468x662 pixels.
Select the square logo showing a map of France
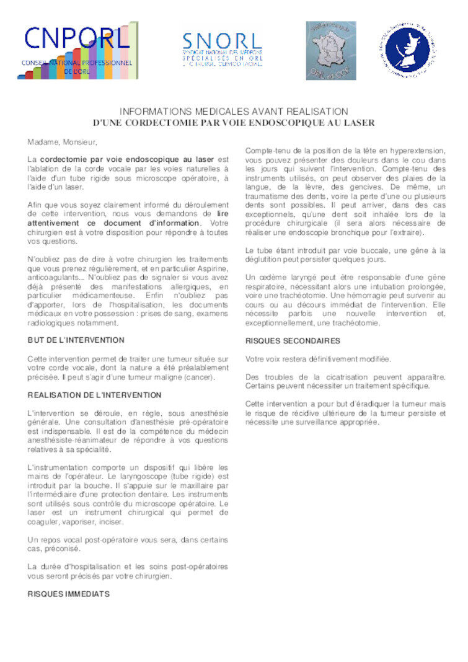tap(331, 50)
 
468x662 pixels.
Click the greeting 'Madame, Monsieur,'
tap(63, 143)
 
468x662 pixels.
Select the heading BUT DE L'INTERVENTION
tap(76, 340)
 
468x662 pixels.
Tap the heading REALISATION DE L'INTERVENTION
tap(94, 395)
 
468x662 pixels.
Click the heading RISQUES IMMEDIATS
tap(68, 593)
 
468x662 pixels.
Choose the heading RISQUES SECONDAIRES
tap(293, 340)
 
